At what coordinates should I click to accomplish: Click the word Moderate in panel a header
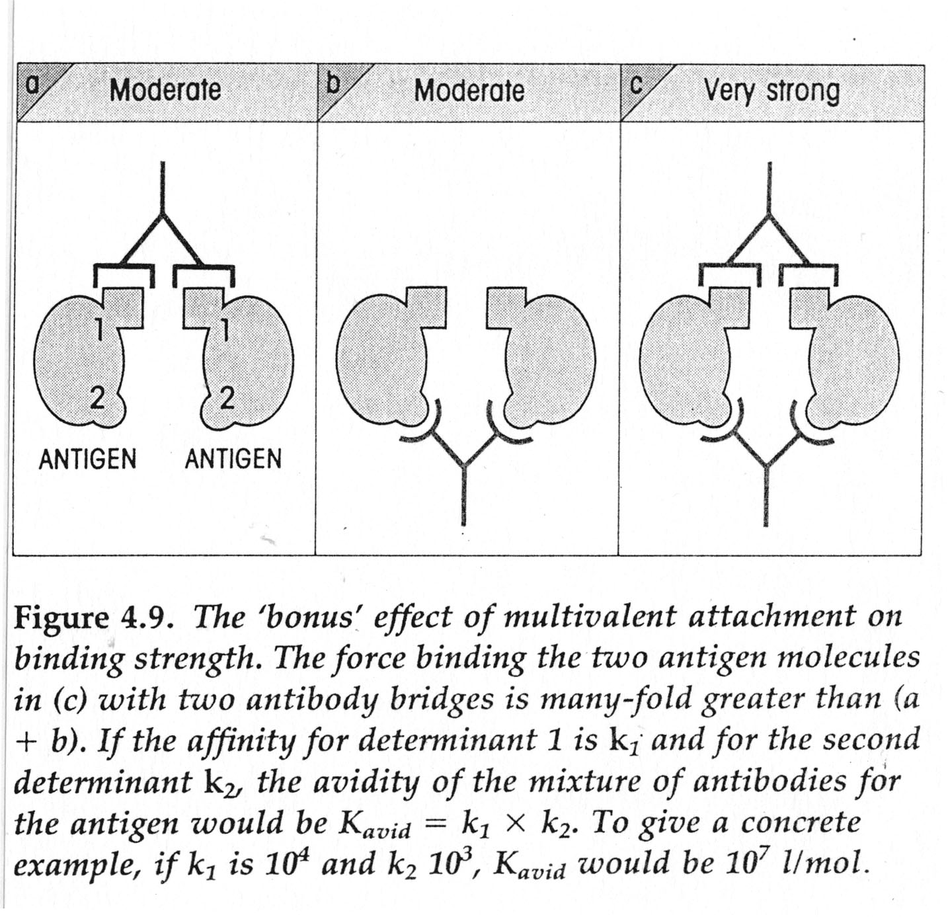coord(165,90)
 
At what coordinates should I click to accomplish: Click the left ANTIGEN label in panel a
coord(87,458)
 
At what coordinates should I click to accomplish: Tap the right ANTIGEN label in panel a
coord(233,458)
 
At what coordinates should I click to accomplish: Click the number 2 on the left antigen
coord(97,398)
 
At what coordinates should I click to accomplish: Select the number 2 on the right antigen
coord(227,398)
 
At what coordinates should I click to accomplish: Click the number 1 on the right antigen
coord(225,328)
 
